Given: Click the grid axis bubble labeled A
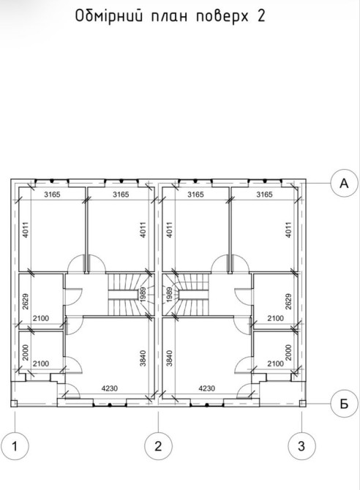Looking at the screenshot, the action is coord(344,184).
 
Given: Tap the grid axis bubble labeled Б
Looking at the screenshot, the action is coord(344,404).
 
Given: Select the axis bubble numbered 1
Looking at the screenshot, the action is coord(15,446).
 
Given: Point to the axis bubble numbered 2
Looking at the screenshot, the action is coord(158,446).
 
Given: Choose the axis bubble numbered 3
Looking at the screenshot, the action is coord(301,446).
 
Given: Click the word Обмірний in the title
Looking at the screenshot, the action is coord(109,16).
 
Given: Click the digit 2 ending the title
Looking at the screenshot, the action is coord(261,16).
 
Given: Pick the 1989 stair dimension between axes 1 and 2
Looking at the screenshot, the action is coord(143,295).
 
